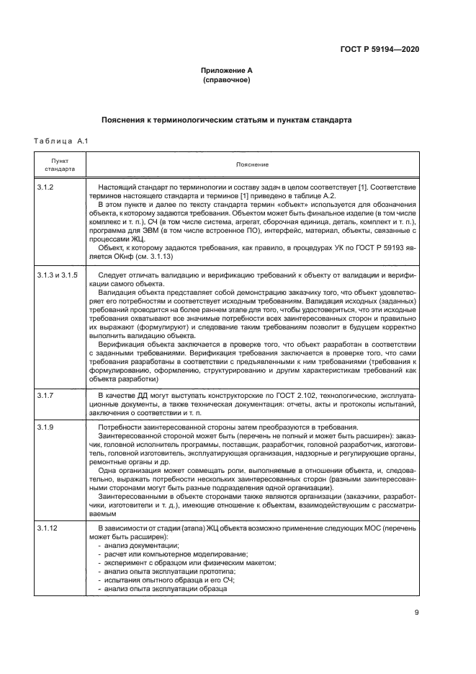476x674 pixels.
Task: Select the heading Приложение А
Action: coord(226,71)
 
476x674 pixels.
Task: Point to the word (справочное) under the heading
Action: coord(226,80)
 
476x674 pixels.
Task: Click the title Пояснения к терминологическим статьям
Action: coord(226,120)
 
